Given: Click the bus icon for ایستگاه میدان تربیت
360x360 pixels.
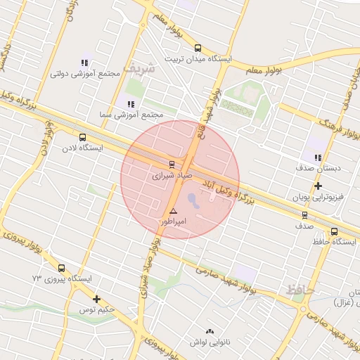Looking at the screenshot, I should pos(198,49).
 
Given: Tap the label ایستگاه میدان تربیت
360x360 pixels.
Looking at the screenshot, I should pos(198,59).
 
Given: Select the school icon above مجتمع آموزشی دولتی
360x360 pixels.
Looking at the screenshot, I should pos(85,63).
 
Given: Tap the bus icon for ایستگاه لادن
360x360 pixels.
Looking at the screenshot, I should pos(83,138).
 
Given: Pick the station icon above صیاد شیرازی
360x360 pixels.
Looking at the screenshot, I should pos(172,164).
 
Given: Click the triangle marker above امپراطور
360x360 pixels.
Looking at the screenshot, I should pos(173,211).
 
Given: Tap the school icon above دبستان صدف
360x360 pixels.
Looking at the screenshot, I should pos(318,157).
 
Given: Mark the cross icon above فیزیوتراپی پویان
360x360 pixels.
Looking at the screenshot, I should pos(318,186).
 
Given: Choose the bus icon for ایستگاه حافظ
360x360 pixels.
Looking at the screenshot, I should pos(334,231).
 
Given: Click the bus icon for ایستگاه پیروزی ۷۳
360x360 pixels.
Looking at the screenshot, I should pos(61,268).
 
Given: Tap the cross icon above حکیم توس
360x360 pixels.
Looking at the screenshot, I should pos(96,299).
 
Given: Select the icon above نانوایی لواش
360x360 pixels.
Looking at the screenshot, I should pos(208,331).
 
